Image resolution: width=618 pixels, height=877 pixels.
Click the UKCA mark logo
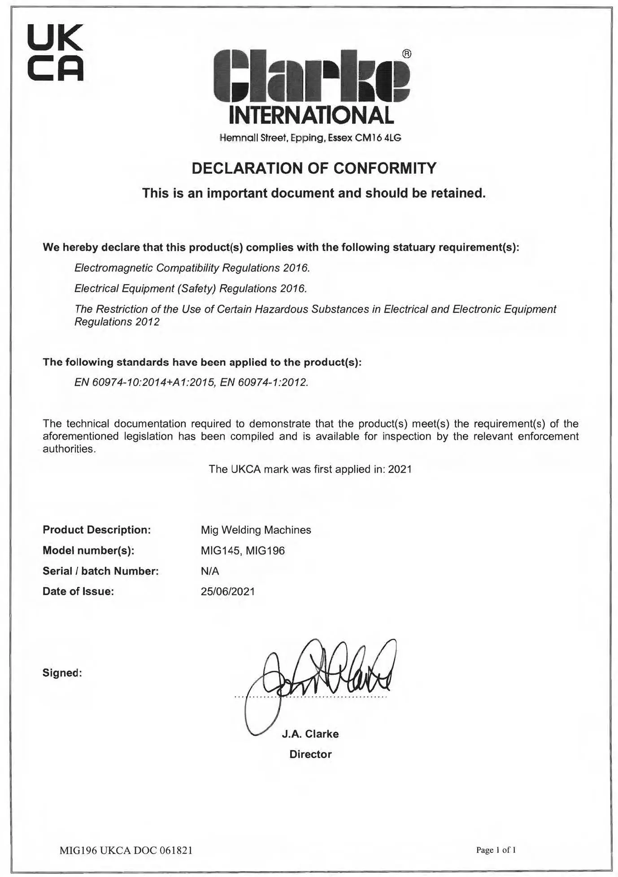[56, 53]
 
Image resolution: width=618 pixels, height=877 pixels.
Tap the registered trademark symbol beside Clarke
[406, 54]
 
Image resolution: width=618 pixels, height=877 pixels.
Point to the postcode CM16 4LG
[378, 138]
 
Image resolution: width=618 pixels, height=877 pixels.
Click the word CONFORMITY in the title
[385, 168]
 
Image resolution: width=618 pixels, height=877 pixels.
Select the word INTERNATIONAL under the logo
[311, 116]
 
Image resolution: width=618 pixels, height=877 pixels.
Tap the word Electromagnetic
[113, 268]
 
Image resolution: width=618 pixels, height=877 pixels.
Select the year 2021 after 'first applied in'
[400, 469]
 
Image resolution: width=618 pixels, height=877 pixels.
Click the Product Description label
[96, 530]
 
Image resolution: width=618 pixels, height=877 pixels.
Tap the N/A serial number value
[210, 571]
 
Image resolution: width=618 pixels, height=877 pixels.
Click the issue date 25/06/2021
[228, 592]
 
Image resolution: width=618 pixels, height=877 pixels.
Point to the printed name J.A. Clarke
[310, 734]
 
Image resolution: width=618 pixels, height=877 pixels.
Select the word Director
[310, 754]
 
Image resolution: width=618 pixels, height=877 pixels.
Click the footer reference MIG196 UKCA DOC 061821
[126, 850]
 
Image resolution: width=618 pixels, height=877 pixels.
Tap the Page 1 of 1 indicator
[496, 850]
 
